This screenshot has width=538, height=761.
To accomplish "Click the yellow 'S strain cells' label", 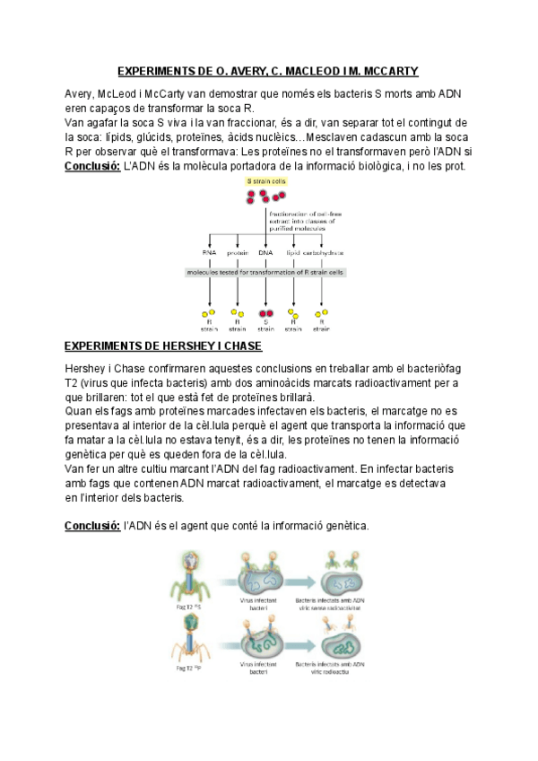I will (265, 181).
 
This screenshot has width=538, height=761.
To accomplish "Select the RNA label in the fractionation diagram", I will (210, 253).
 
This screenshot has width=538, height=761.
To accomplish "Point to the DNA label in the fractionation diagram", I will (265, 253).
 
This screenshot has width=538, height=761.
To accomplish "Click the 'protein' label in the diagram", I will (237, 253).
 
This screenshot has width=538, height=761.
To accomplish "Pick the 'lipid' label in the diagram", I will (292, 253).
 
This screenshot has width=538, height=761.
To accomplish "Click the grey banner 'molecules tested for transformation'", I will (266, 271).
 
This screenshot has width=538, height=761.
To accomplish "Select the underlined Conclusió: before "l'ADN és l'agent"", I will (93, 526).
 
